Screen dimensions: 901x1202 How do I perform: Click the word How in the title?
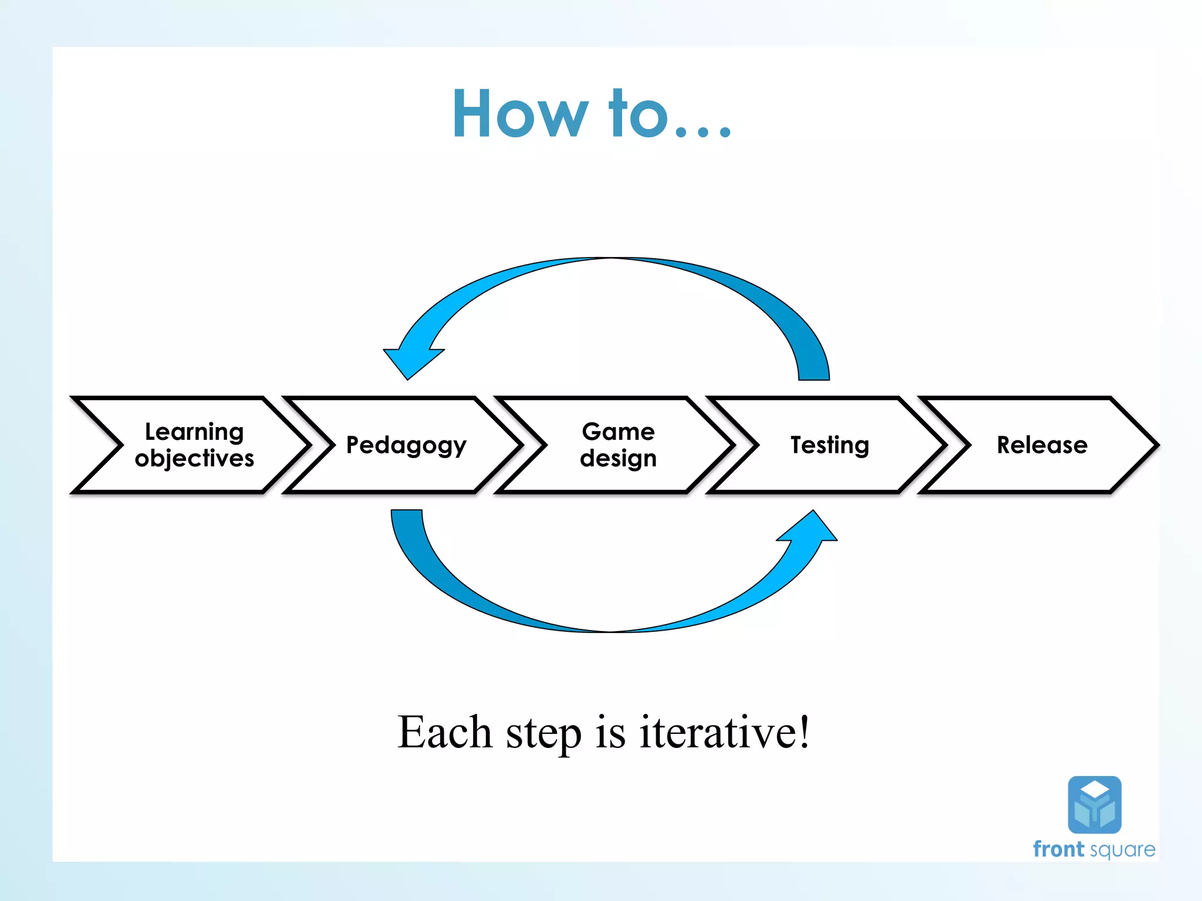pos(519,114)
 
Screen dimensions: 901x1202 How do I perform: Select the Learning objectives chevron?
pos(194,445)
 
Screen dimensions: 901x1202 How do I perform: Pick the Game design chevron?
pos(618,445)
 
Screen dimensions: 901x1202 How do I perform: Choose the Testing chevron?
pos(829,445)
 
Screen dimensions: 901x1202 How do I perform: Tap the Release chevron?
pos(1042,445)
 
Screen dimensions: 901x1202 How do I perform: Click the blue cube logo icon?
pos(1095,805)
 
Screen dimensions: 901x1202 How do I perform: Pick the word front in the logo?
pos(1058,849)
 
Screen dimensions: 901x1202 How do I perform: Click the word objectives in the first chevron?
pos(194,458)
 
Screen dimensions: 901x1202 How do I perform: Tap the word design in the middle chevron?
pos(618,458)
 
